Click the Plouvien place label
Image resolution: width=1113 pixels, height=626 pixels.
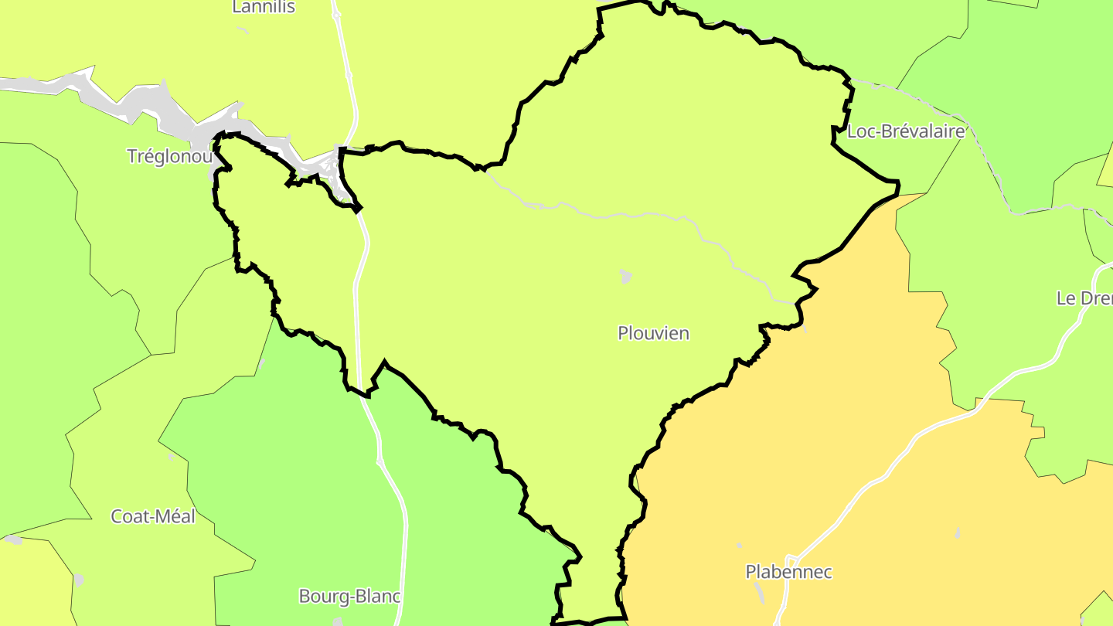tap(653, 333)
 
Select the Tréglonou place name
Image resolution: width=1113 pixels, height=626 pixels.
tap(169, 156)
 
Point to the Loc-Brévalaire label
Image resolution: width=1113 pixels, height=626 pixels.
tap(906, 131)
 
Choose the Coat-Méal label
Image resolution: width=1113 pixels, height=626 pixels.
tap(153, 516)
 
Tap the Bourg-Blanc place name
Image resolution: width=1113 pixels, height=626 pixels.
tap(349, 597)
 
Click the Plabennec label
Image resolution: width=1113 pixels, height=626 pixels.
tap(788, 572)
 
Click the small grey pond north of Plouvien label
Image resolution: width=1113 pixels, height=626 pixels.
tap(625, 276)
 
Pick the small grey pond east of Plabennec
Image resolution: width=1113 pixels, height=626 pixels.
tap(958, 533)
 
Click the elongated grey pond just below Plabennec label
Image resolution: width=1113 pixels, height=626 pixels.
tap(759, 594)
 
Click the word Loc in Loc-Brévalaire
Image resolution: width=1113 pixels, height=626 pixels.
tap(860, 131)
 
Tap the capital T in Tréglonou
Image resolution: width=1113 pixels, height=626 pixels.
tap(132, 156)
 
